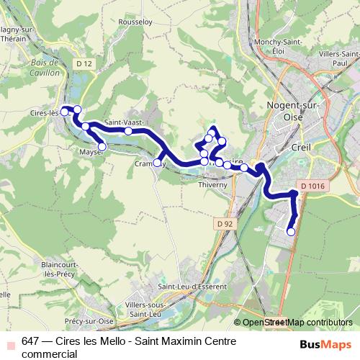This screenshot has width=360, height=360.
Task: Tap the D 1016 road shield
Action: (x=313, y=186)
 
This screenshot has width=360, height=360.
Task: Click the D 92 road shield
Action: (x=225, y=224)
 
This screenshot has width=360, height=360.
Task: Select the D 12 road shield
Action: (x=84, y=63)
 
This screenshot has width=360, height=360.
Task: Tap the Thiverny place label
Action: (x=212, y=184)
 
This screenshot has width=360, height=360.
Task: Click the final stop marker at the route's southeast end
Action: (x=291, y=232)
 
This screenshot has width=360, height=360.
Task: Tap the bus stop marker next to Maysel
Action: (x=102, y=147)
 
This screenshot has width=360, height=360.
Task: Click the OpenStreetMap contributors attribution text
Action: (x=297, y=323)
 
